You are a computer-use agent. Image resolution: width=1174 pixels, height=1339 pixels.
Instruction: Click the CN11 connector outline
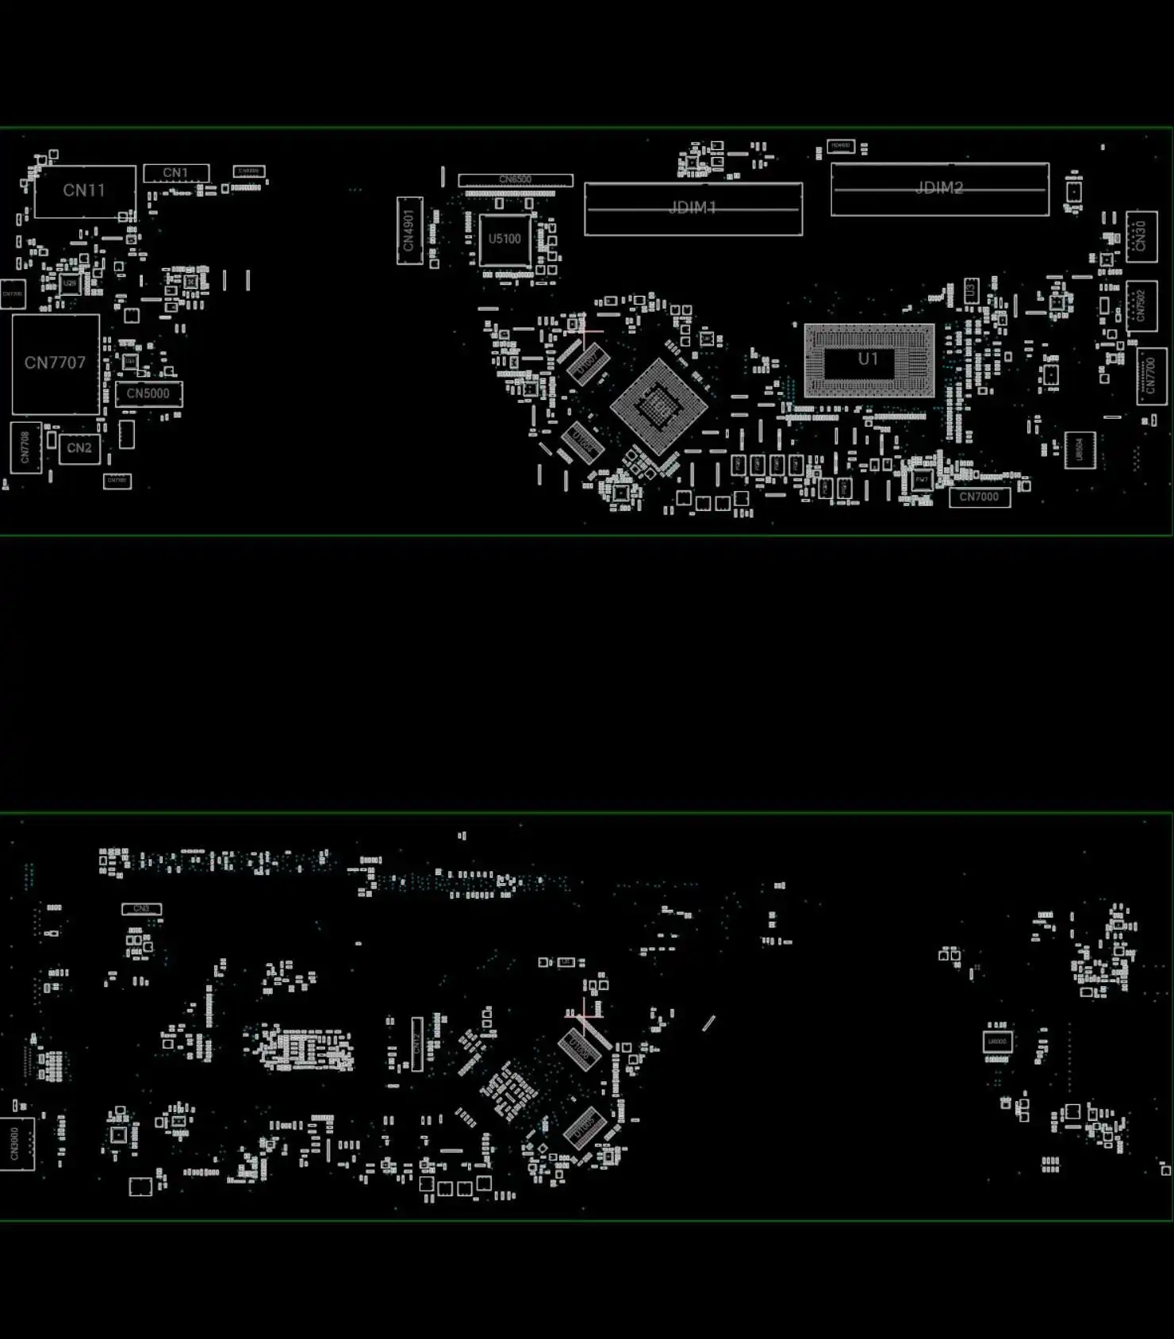coord(85,191)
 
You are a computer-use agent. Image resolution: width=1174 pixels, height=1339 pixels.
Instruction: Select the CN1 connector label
coord(176,173)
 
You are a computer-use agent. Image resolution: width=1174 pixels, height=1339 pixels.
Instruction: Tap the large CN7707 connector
coord(56,363)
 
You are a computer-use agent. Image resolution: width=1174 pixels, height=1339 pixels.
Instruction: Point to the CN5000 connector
coord(148,393)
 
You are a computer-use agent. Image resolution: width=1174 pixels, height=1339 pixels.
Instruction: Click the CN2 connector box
coord(79,448)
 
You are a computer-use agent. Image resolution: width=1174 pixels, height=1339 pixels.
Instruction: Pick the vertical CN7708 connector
coord(25,447)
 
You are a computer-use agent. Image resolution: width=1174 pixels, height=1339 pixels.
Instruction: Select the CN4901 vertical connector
coord(409,231)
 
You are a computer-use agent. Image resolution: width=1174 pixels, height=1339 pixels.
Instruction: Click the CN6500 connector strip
coord(515,180)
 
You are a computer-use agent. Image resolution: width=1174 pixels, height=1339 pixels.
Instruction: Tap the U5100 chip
coord(505,239)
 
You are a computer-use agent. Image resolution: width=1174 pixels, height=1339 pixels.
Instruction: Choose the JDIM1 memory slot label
coord(693,208)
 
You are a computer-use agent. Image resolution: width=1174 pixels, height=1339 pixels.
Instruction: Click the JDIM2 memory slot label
coord(939,188)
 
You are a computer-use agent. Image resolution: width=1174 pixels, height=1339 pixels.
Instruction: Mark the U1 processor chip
coord(869,359)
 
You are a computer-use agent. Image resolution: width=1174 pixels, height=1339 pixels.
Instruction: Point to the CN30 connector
coord(1141,236)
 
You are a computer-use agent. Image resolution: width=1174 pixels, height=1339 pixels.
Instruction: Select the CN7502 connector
coord(1141,306)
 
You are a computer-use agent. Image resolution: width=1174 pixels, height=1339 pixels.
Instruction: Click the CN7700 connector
coord(1151,376)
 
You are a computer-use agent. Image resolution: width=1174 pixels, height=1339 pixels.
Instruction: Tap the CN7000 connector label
coord(979,497)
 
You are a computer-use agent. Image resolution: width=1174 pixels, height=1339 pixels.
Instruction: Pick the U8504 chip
coord(1080,451)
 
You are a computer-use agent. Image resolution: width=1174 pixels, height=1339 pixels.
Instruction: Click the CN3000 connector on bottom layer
coord(17,1144)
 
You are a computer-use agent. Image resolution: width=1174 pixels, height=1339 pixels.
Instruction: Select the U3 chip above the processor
coord(971,291)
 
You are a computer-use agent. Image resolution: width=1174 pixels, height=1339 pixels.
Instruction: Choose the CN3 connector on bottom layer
coord(141,908)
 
